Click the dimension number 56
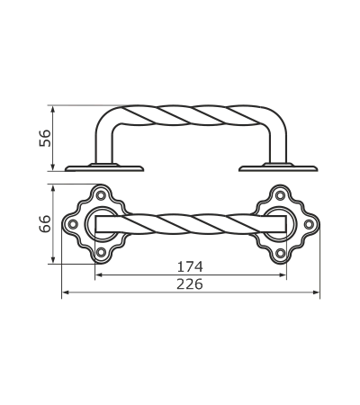point(45,139)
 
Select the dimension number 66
point(45,224)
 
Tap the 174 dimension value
point(190,266)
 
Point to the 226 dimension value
point(190,284)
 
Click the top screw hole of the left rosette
point(101,195)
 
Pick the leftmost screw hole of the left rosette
point(73,224)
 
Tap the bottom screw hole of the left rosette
point(101,253)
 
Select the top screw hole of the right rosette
point(280,195)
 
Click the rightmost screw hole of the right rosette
point(309,224)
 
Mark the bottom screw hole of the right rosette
point(280,253)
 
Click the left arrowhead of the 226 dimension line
point(65,292)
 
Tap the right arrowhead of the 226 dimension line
point(316,292)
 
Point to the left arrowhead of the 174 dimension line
point(99,274)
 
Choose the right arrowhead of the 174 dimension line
point(283,274)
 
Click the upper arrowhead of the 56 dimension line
point(53,109)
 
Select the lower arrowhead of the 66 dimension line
point(53,260)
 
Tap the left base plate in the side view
point(104,168)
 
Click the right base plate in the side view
point(278,168)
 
